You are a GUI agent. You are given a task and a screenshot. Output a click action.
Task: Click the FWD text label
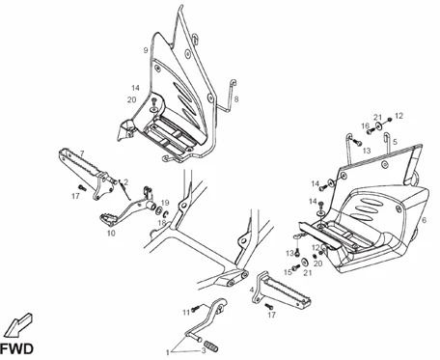click(16, 348)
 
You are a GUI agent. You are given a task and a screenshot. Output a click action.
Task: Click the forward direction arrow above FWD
click(18, 325)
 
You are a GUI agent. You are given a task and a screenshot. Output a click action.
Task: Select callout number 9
click(146, 50)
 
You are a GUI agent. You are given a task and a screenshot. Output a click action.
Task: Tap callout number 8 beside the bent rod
click(236, 99)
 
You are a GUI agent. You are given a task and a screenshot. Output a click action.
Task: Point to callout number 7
click(82, 153)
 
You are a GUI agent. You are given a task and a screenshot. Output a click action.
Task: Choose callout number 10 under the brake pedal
click(111, 233)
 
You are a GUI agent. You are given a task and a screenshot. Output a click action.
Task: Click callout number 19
click(165, 203)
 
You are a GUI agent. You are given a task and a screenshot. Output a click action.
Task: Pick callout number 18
click(162, 223)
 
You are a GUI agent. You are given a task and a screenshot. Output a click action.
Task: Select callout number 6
click(425, 220)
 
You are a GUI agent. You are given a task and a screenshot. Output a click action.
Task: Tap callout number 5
click(395, 141)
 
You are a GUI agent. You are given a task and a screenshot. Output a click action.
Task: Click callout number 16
click(365, 125)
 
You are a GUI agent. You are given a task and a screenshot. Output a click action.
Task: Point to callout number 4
click(252, 290)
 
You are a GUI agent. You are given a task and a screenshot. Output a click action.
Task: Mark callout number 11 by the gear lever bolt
click(186, 313)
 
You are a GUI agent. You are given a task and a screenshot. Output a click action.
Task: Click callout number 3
click(204, 350)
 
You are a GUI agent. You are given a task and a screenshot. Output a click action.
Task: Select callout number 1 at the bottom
click(168, 352)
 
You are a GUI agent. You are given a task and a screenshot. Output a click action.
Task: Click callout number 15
click(288, 272)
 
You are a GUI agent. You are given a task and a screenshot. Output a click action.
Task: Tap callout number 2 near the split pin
click(125, 182)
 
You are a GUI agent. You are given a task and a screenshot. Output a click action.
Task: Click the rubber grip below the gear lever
click(212, 346)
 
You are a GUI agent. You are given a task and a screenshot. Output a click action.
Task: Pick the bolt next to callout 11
click(196, 309)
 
